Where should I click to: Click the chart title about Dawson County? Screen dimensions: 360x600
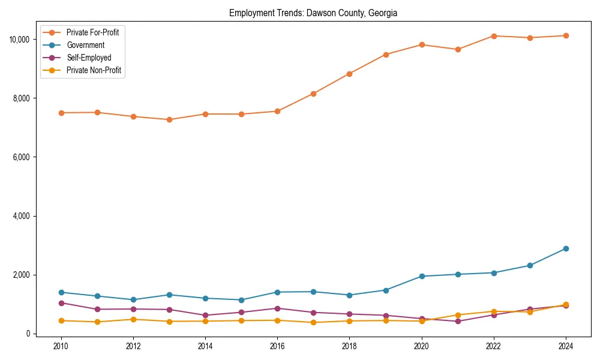coord(313,13)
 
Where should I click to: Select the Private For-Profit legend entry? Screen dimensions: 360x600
coord(92,32)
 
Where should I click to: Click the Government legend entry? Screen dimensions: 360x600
coord(85,45)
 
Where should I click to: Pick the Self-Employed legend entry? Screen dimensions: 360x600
coord(89,58)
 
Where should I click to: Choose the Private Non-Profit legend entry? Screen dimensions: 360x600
coord(94,70)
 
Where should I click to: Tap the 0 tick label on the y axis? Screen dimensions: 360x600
coord(28,334)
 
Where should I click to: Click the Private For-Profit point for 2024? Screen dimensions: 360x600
coord(566,36)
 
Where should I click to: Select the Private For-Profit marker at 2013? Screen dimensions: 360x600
coord(169,120)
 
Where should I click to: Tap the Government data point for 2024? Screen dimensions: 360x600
coord(566,248)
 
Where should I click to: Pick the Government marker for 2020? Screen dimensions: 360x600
coord(422,276)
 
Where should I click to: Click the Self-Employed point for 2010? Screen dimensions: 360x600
coord(61,303)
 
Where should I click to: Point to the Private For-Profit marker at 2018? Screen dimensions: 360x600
coord(350,74)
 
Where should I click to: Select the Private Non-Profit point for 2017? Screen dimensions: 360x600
coord(313,323)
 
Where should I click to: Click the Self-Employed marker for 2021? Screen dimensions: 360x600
coord(458,322)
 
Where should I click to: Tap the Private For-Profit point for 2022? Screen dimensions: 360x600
coord(494,36)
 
